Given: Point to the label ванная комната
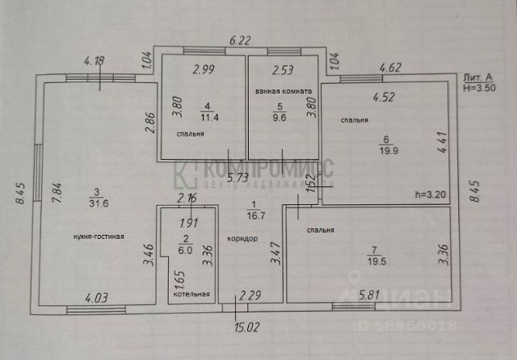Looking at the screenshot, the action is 276,91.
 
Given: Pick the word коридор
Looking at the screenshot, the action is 242,238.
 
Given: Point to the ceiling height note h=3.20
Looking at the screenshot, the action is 430,194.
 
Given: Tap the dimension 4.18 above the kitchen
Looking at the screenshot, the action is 95,59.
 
